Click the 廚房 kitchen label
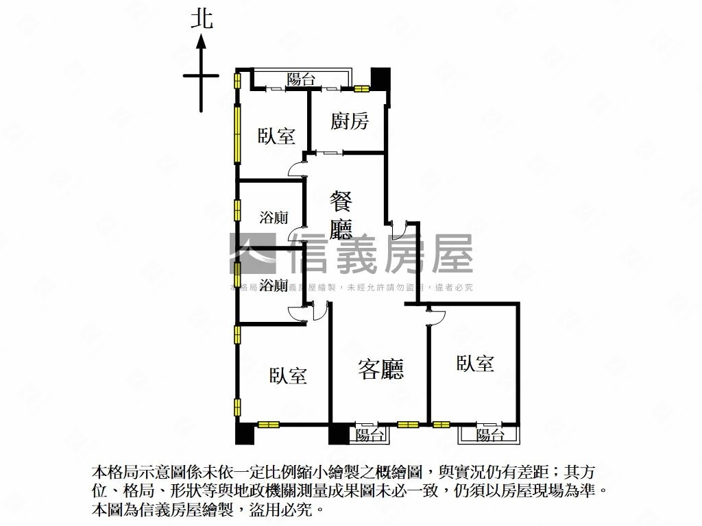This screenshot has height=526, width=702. coord(350,121)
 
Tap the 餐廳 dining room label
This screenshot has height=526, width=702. coord(341,215)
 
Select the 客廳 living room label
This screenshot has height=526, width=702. coord(381,369)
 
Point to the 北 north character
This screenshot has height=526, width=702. coord(202,18)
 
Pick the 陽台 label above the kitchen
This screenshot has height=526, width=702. coord(301,78)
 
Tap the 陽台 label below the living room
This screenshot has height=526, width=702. coord(370,434)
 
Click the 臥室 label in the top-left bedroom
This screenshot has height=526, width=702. coord(276,136)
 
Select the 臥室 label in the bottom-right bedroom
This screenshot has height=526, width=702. coord(475,362)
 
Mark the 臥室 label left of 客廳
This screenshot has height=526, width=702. coord(288,375)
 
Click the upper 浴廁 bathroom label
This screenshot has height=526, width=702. coord(274,218)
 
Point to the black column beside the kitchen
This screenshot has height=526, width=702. coord(380,77)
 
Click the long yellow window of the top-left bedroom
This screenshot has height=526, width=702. coord(237,133)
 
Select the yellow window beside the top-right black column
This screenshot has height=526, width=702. coord(361,88)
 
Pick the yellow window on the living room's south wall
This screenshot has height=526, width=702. coord(408,424)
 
